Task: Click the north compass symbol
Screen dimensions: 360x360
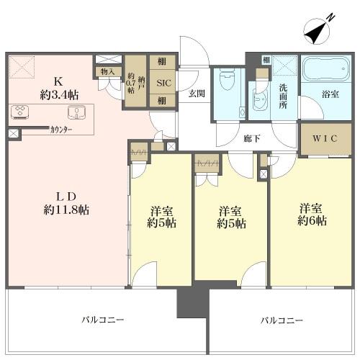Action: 318,31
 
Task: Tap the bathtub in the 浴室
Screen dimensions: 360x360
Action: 326,69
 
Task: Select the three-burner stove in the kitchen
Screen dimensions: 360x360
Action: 20,112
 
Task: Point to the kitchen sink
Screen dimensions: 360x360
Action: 76,112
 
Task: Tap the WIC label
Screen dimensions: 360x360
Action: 325,138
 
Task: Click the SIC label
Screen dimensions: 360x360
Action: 164,83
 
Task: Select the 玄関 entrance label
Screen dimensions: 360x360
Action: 197,94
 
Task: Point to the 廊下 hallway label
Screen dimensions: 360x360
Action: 252,138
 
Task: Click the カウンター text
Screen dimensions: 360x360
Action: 61,130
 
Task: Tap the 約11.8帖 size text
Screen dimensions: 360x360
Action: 66,210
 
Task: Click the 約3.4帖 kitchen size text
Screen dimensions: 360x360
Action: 59,95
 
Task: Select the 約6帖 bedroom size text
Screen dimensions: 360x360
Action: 312,221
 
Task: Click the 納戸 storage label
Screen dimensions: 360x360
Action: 141,83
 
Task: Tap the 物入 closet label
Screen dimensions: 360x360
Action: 107,71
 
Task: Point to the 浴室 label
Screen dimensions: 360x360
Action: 330,94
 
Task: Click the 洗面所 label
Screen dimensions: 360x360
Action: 283,96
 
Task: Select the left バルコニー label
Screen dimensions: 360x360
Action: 103,320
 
